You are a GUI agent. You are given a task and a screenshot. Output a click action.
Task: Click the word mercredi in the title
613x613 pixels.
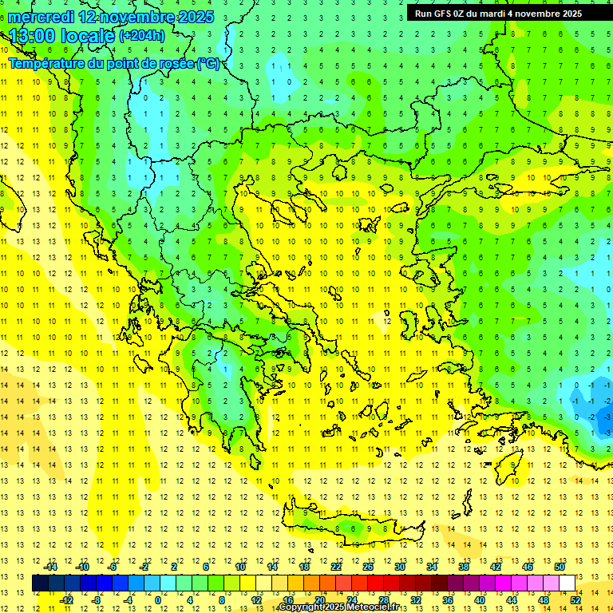41,16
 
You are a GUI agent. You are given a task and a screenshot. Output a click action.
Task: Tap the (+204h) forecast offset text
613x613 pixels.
142,35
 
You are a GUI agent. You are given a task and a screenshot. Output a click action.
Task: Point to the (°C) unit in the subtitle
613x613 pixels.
208,63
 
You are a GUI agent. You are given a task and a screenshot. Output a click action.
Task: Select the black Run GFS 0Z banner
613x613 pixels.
508,13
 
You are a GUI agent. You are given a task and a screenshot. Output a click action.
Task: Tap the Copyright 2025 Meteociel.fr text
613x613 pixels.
339,607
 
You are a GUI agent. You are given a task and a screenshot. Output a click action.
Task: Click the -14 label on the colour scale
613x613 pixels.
49,567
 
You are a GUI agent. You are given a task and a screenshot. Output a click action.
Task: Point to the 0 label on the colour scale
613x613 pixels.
157,599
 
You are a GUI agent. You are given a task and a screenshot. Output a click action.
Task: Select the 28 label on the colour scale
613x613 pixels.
383,599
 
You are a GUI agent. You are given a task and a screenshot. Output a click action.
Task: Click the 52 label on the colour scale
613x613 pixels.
575,599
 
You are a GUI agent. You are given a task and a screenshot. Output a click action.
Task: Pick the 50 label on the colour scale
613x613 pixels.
560,567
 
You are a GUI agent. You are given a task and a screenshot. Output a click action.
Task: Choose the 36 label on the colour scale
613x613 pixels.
448,599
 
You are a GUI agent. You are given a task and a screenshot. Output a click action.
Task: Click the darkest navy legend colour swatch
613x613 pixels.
40,583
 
